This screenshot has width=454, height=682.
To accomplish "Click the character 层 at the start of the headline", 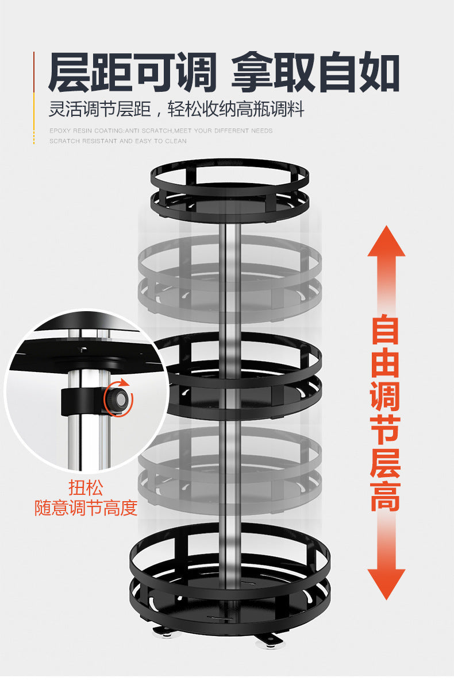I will (x=70, y=72).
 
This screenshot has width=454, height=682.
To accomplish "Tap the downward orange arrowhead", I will (x=386, y=583).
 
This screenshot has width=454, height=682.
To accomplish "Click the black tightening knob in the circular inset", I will (x=118, y=398).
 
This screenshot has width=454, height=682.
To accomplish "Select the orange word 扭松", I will (x=86, y=488).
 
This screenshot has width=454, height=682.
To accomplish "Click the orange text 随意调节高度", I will (x=86, y=507).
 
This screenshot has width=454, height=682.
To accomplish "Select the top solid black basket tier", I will (x=229, y=189).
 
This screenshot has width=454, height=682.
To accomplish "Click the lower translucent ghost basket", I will (x=230, y=468).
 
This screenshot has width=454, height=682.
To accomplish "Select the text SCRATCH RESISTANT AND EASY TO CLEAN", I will (x=118, y=141).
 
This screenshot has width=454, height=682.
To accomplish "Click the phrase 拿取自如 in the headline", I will (x=315, y=72).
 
